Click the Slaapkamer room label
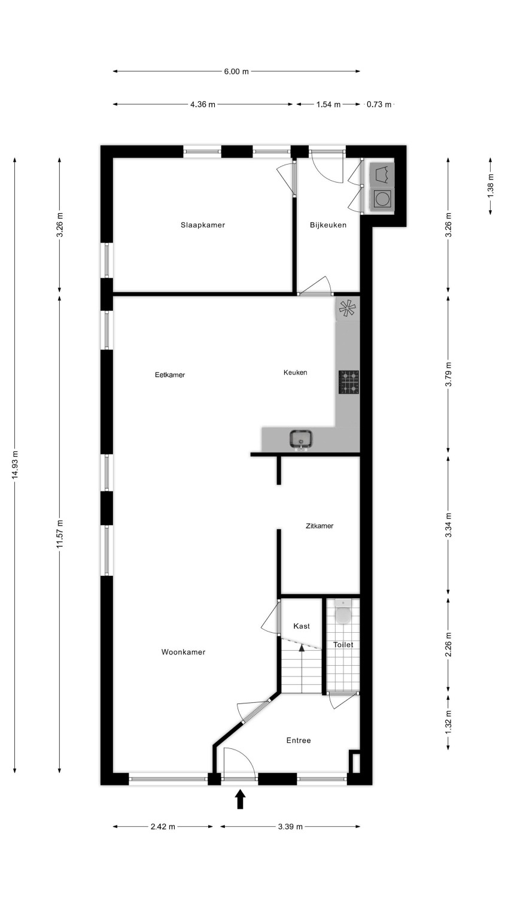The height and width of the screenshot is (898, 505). point(203,225)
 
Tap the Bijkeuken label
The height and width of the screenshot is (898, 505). point(328,225)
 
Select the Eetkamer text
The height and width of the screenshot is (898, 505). point(170,375)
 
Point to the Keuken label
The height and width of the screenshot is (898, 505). point(296,372)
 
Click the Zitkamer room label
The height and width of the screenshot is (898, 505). point(320,526)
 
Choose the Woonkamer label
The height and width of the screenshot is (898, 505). point(184,653)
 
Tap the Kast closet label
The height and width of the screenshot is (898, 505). point(302,626)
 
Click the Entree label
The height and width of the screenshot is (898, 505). point(299,741)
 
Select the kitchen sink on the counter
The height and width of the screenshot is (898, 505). point(301,439)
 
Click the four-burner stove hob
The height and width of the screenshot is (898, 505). point(349,382)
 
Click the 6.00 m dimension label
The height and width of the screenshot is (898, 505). point(236,71)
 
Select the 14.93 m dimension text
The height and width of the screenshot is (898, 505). point(15,465)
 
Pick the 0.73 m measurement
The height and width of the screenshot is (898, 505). point(379,105)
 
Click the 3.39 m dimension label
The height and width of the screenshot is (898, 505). point(291,826)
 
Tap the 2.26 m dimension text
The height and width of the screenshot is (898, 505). point(448,645)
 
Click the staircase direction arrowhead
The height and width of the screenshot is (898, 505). point(302,646)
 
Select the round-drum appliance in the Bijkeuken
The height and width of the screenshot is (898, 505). point(381,199)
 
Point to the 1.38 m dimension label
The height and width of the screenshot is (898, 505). point(490,185)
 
